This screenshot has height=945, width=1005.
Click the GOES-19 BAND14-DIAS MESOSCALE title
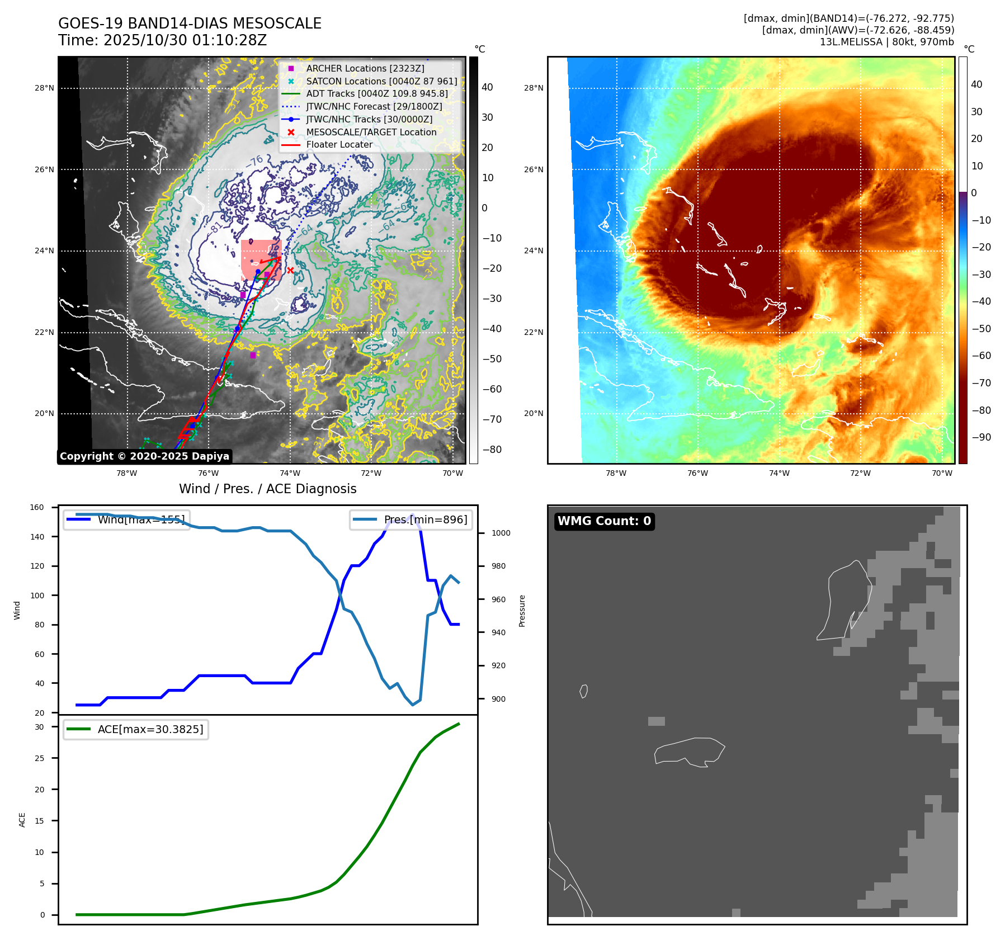pyautogui.click(x=190, y=23)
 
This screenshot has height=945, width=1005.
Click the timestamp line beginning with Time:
pyautogui.click(x=162, y=40)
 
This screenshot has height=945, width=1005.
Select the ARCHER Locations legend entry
pyautogui.click(x=365, y=68)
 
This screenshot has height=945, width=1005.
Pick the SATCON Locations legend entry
pyautogui.click(x=381, y=81)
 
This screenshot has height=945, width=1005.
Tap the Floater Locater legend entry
pyautogui.click(x=339, y=144)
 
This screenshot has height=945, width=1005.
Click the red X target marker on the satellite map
pyautogui.click(x=290, y=270)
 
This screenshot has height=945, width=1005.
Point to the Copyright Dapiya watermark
pyautogui.click(x=144, y=456)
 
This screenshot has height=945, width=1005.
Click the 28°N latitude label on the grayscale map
pyautogui.click(x=44, y=88)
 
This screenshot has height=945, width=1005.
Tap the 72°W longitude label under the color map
pyautogui.click(x=860, y=473)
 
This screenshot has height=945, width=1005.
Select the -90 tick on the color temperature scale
pyautogui.click(x=981, y=437)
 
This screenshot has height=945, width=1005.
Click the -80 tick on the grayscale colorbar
pyautogui.click(x=492, y=450)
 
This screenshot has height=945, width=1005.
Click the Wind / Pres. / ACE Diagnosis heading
pyautogui.click(x=267, y=489)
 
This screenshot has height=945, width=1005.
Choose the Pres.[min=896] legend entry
pyautogui.click(x=425, y=519)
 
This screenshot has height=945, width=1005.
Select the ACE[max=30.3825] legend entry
pyautogui.click(x=150, y=729)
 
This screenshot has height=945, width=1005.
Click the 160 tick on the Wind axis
pyautogui.click(x=37, y=508)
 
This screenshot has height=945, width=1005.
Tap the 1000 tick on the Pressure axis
pyautogui.click(x=501, y=533)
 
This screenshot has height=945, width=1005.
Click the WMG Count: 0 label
pyautogui.click(x=604, y=521)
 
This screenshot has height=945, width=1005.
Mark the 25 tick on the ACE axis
pyautogui.click(x=39, y=758)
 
